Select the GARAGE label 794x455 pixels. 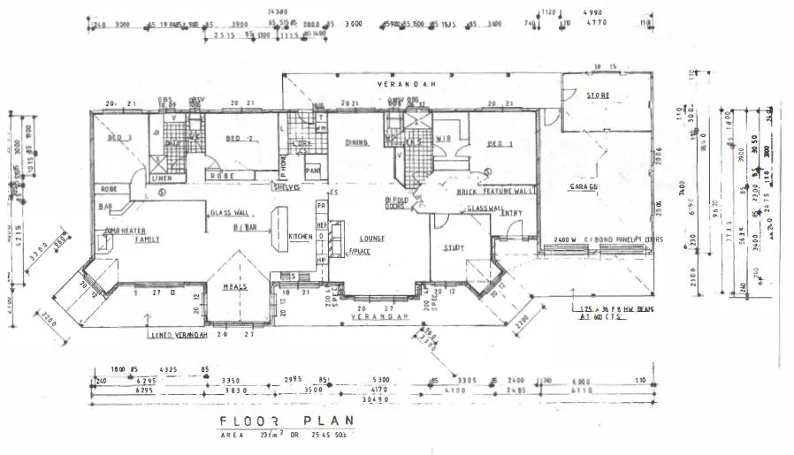[584, 188]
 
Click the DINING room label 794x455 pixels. [355, 142]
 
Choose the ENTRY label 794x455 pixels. [511, 213]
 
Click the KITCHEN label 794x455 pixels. [300, 237]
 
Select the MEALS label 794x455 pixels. [233, 287]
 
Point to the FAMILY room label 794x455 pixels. [147, 239]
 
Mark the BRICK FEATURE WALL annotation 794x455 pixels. [497, 191]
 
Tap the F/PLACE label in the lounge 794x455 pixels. [358, 252]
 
